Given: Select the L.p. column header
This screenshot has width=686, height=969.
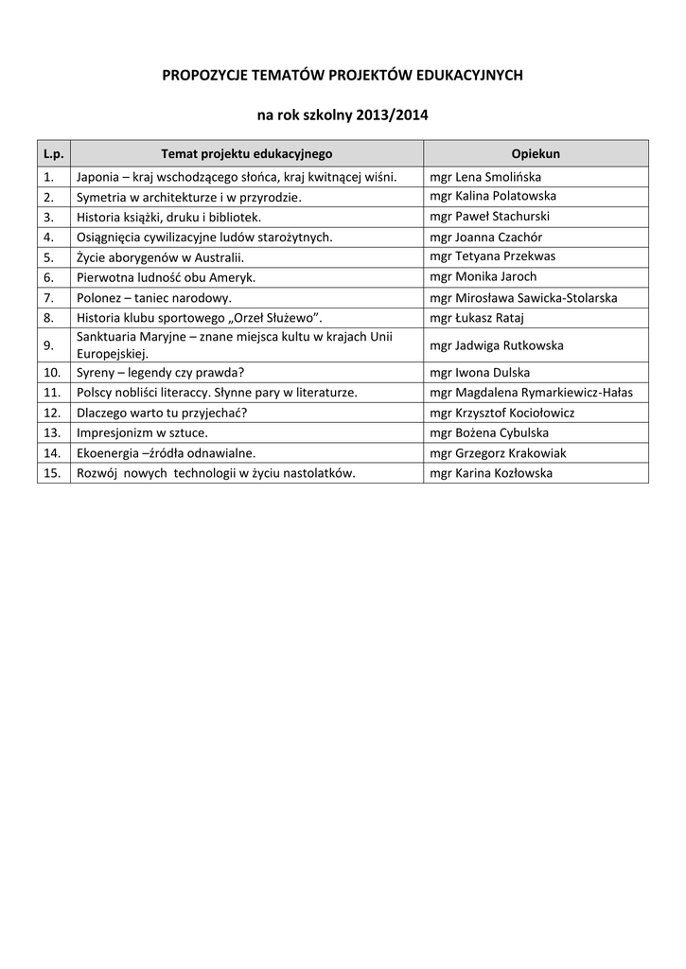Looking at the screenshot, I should pyautogui.click(x=53, y=153).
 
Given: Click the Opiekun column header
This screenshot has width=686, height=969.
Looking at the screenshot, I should pyautogui.click(x=536, y=153).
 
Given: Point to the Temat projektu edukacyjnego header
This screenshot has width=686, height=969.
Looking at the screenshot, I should pyautogui.click(x=247, y=153).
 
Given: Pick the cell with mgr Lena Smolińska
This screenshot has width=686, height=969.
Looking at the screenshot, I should pyautogui.click(x=485, y=177).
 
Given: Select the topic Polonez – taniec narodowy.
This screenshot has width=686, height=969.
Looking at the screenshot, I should pyautogui.click(x=154, y=298).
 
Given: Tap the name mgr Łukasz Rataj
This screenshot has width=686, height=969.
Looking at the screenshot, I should pyautogui.click(x=477, y=318).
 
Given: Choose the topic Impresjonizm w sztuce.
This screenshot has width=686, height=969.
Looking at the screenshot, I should pyautogui.click(x=143, y=432).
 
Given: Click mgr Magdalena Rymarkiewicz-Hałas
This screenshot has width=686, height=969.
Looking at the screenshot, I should pyautogui.click(x=531, y=392).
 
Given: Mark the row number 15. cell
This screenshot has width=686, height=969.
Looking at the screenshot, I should pyautogui.click(x=52, y=473).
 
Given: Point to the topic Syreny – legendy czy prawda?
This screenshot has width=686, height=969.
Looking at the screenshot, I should pyautogui.click(x=161, y=372).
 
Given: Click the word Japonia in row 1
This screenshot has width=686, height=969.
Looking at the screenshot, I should pyautogui.click(x=97, y=177).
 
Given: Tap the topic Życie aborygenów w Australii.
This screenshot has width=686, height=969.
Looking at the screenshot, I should pyautogui.click(x=161, y=257).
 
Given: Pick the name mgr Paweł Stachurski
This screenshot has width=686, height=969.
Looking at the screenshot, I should pyautogui.click(x=489, y=217).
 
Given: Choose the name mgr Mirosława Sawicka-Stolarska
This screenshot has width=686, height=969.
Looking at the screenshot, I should pyautogui.click(x=523, y=298).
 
